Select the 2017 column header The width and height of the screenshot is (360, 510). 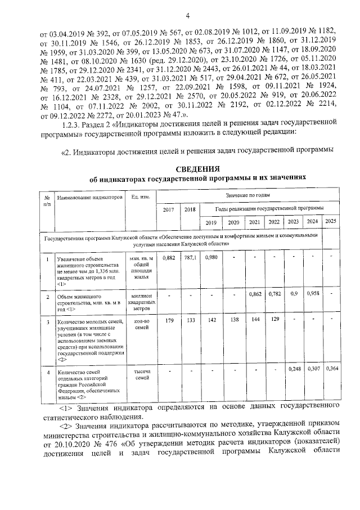[x=168, y=209]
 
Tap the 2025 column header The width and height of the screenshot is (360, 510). [x=331, y=221]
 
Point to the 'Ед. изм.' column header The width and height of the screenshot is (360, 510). [x=140, y=197]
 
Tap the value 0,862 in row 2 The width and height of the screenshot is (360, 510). [x=254, y=293]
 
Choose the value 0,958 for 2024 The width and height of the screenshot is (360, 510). [x=313, y=293]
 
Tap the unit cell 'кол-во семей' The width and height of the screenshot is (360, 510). [x=141, y=325]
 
